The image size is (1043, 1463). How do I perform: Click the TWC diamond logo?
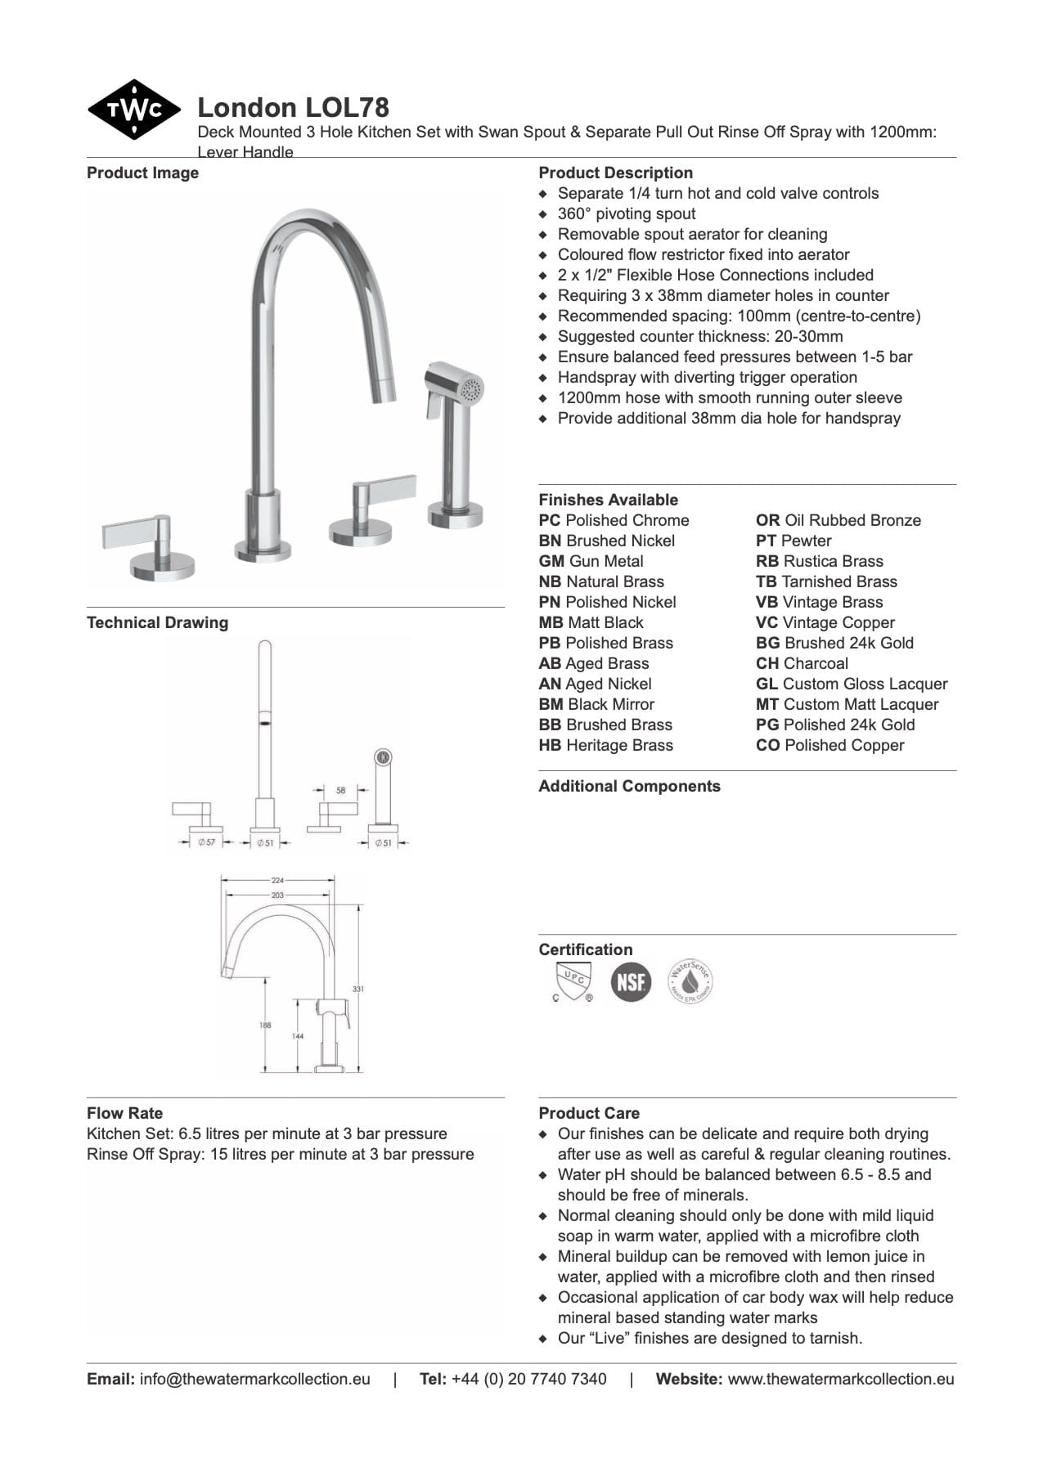tap(133, 110)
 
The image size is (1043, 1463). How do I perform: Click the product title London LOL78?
tap(293, 107)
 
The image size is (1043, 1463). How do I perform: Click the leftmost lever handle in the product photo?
tap(139, 533)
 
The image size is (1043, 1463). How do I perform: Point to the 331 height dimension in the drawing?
tap(357, 989)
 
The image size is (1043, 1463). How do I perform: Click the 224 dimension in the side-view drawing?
tap(277, 880)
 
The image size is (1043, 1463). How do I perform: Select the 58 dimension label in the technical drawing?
tap(340, 790)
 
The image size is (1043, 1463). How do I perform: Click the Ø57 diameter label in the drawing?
tap(207, 841)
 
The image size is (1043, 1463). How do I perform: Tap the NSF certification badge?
tap(631, 981)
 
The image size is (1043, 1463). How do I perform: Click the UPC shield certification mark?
tap(573, 981)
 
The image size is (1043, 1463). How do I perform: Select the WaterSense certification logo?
tap(690, 981)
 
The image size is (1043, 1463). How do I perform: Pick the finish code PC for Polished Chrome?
tap(549, 520)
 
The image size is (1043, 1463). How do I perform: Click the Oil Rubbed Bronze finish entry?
tap(838, 520)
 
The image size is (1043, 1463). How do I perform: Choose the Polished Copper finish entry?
tap(829, 745)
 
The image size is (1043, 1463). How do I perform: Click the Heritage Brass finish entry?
tap(605, 745)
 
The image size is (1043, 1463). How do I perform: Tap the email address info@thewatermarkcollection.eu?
tap(254, 1379)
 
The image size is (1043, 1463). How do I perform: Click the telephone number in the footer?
tap(528, 1379)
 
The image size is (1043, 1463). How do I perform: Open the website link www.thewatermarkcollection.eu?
tap(840, 1379)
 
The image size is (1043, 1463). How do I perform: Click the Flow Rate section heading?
tap(124, 1113)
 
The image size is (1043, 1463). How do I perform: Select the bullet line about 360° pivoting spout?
tap(626, 213)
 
